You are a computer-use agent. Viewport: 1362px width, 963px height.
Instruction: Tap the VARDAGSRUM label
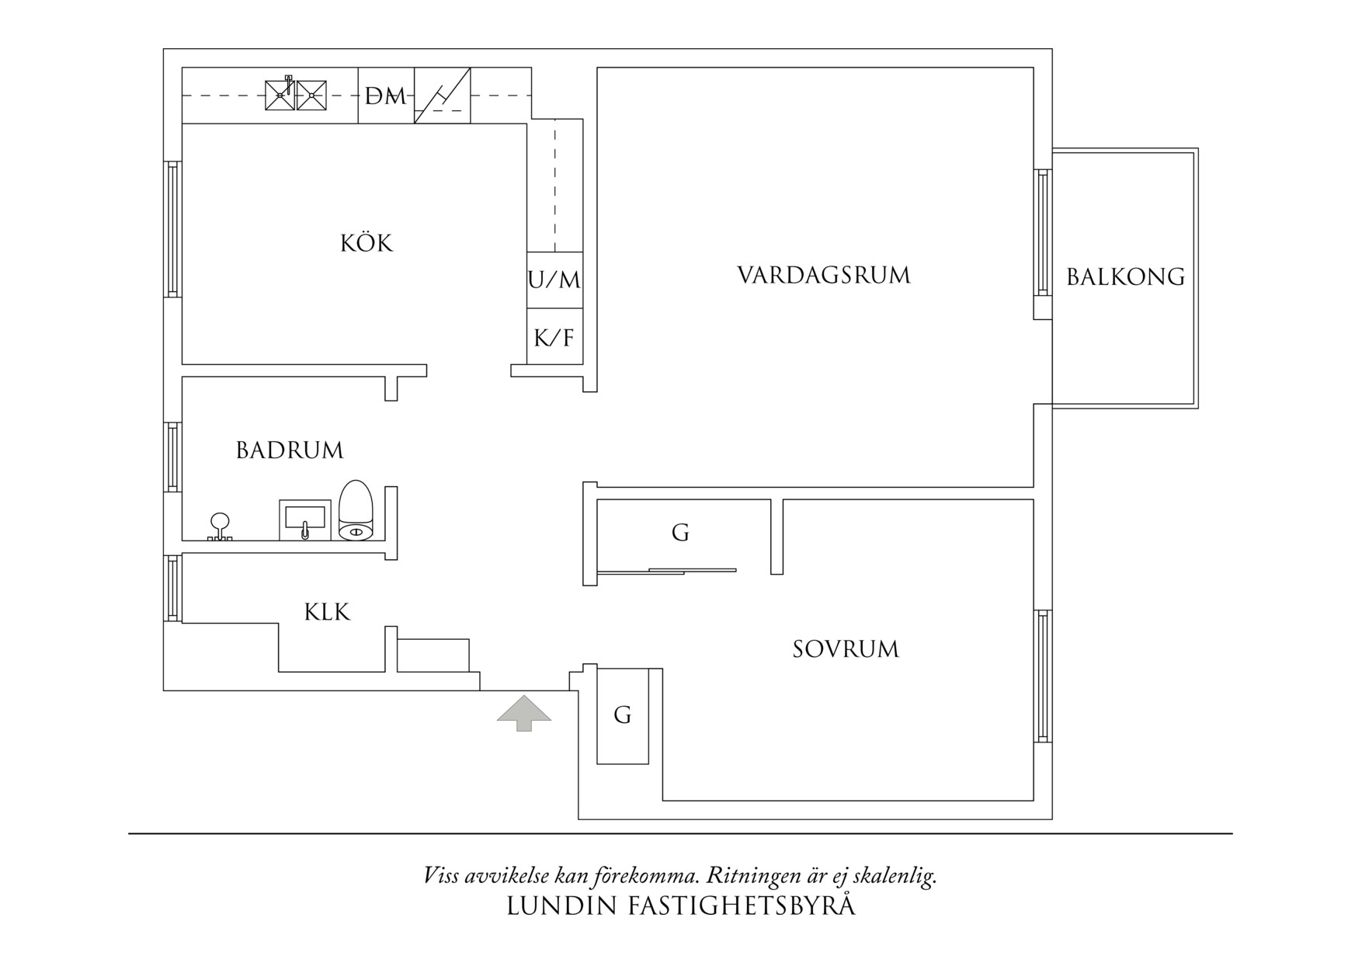click(823, 276)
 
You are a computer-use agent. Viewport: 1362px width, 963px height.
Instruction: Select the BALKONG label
click(1125, 277)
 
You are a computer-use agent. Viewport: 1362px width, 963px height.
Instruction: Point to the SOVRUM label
click(846, 649)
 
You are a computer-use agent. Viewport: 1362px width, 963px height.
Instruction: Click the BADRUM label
click(290, 450)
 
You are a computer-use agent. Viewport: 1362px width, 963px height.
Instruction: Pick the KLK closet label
click(327, 612)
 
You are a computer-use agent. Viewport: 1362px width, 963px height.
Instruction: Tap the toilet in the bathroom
click(357, 510)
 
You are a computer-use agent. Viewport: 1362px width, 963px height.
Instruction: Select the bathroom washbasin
click(304, 520)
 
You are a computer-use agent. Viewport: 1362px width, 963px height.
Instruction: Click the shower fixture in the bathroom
click(220, 527)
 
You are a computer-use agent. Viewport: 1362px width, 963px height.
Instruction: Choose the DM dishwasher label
click(386, 97)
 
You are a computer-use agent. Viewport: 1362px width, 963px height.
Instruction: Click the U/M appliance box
click(554, 280)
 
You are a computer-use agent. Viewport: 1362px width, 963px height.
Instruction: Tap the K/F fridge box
click(554, 336)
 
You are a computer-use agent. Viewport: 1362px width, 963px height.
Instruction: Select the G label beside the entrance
click(622, 714)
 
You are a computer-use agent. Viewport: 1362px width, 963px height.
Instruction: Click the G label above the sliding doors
click(680, 533)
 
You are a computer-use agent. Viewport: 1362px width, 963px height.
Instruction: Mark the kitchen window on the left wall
click(172, 229)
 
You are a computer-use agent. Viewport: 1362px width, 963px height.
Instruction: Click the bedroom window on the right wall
click(1043, 676)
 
